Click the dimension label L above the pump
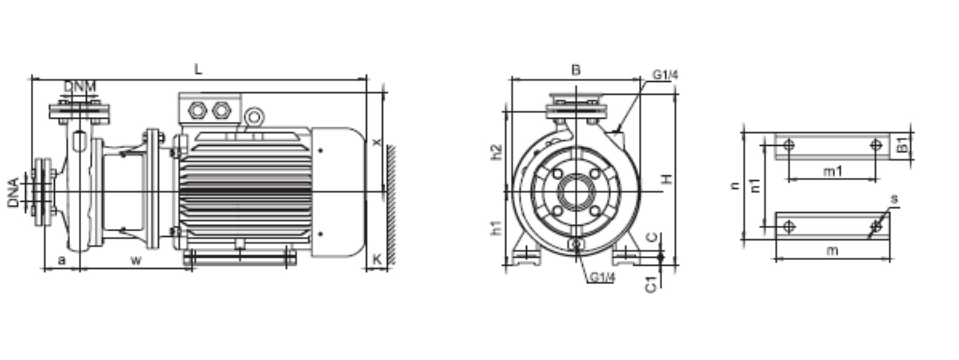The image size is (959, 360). (198, 69)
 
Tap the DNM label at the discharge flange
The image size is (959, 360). (80, 87)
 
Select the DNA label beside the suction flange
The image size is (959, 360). (14, 192)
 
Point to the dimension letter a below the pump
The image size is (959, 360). (62, 260)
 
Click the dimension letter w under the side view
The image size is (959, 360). (136, 261)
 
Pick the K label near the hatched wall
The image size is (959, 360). (377, 259)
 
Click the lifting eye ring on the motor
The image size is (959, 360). (254, 117)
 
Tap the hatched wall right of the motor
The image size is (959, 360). (391, 205)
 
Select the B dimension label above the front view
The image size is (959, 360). (576, 70)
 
